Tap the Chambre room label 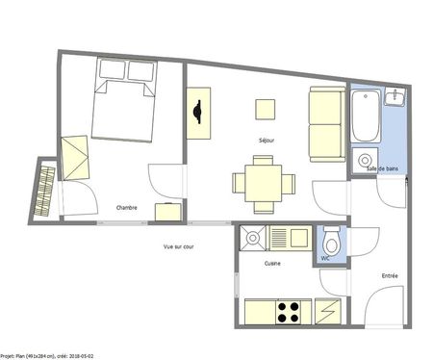[x=126, y=208]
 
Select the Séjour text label [x=266, y=141]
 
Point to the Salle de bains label [x=382, y=169]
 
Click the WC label [x=324, y=258]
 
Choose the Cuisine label [x=272, y=263]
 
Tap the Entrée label [x=390, y=276]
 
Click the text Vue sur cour [x=179, y=246]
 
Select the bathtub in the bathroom [x=365, y=114]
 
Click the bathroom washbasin [x=395, y=98]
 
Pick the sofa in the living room [x=323, y=122]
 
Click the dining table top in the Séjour [x=263, y=180]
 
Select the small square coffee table [x=265, y=107]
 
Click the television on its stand [x=199, y=113]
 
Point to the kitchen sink [x=254, y=236]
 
